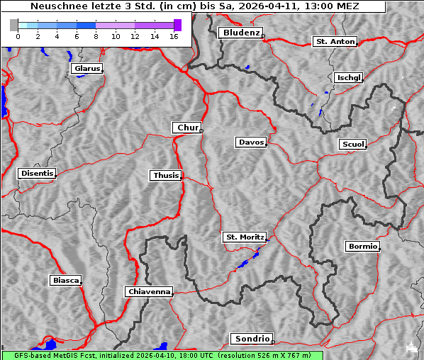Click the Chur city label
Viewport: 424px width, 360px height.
187,128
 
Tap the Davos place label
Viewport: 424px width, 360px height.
251,142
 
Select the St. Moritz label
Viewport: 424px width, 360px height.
244,237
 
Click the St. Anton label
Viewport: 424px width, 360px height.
335,42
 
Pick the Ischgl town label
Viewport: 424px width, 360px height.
349,77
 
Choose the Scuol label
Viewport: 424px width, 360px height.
353,145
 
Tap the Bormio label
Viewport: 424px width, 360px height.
362,247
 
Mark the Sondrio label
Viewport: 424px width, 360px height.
251,339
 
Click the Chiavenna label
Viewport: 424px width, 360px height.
149,291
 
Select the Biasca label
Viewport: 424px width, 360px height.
66,281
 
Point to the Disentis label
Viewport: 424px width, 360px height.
36,173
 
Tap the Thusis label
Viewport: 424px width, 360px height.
166,175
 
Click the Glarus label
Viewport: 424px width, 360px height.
87,69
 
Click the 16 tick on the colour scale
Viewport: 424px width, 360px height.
174,36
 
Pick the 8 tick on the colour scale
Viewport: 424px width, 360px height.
96,36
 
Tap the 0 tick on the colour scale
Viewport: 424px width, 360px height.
18,36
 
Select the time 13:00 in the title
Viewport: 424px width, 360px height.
330,6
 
